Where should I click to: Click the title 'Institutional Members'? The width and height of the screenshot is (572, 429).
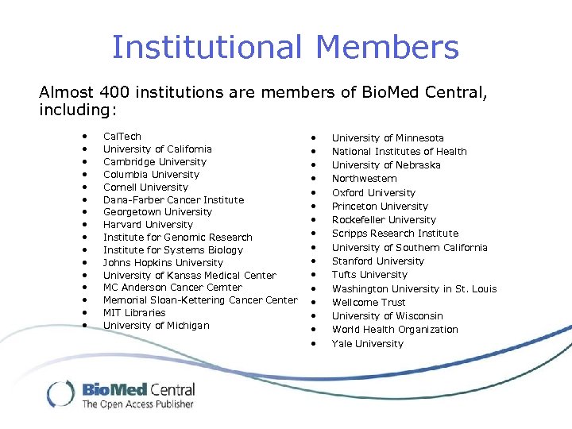tap(285, 47)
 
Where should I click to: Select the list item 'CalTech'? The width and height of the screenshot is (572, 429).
tap(122, 137)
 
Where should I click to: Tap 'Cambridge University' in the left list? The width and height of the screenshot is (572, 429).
tap(155, 161)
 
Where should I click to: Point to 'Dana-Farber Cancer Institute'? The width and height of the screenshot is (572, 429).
tap(173, 199)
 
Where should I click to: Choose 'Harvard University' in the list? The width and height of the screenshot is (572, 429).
tap(148, 225)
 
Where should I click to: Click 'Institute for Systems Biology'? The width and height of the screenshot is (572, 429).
tap(173, 249)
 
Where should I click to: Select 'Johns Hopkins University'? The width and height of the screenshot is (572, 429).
tap(163, 262)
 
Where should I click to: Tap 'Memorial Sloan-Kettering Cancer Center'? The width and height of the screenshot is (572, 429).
tap(200, 300)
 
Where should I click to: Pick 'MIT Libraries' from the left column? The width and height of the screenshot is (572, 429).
tap(134, 312)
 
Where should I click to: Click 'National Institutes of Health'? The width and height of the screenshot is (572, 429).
tap(399, 152)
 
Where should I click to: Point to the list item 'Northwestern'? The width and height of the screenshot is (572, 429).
tap(364, 179)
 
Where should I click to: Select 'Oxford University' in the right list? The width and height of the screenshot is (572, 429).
tap(373, 192)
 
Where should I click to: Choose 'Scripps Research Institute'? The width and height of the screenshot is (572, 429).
tap(395, 234)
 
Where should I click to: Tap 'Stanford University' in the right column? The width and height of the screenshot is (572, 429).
tap(378, 261)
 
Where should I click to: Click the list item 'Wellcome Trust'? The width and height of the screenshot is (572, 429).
tap(369, 302)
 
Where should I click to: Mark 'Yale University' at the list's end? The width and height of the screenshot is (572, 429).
tap(368, 343)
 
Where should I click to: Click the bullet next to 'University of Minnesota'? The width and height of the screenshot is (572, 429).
tap(314, 138)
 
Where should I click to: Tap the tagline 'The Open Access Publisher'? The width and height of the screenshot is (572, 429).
tap(137, 404)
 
